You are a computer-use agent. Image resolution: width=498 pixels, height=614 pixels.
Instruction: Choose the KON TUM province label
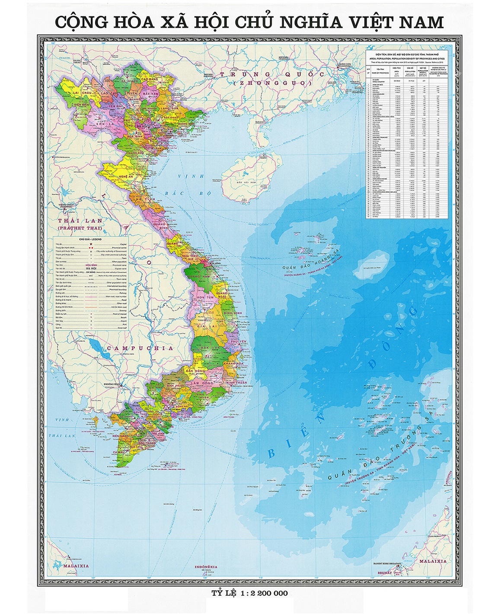click(205, 298)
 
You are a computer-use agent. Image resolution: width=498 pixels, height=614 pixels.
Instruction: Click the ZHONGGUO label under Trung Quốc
click(271, 82)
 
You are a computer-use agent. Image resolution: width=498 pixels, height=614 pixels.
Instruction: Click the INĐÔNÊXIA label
click(205, 567)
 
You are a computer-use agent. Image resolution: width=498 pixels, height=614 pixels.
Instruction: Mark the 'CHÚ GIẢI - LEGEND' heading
click(90, 239)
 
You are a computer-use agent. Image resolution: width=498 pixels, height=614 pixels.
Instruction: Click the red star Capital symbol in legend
click(91, 245)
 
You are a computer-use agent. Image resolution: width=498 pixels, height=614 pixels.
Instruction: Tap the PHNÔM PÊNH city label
click(111, 384)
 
